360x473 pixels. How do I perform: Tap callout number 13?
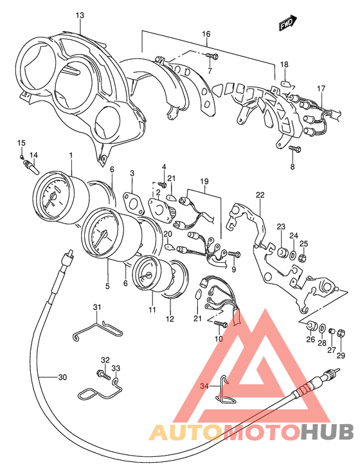point(80,15)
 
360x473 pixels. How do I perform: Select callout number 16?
point(206,34)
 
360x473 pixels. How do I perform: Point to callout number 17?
point(321,89)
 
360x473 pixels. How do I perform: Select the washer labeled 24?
point(292,256)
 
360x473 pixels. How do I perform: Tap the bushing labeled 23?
point(282,253)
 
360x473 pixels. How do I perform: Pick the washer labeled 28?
point(322,328)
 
